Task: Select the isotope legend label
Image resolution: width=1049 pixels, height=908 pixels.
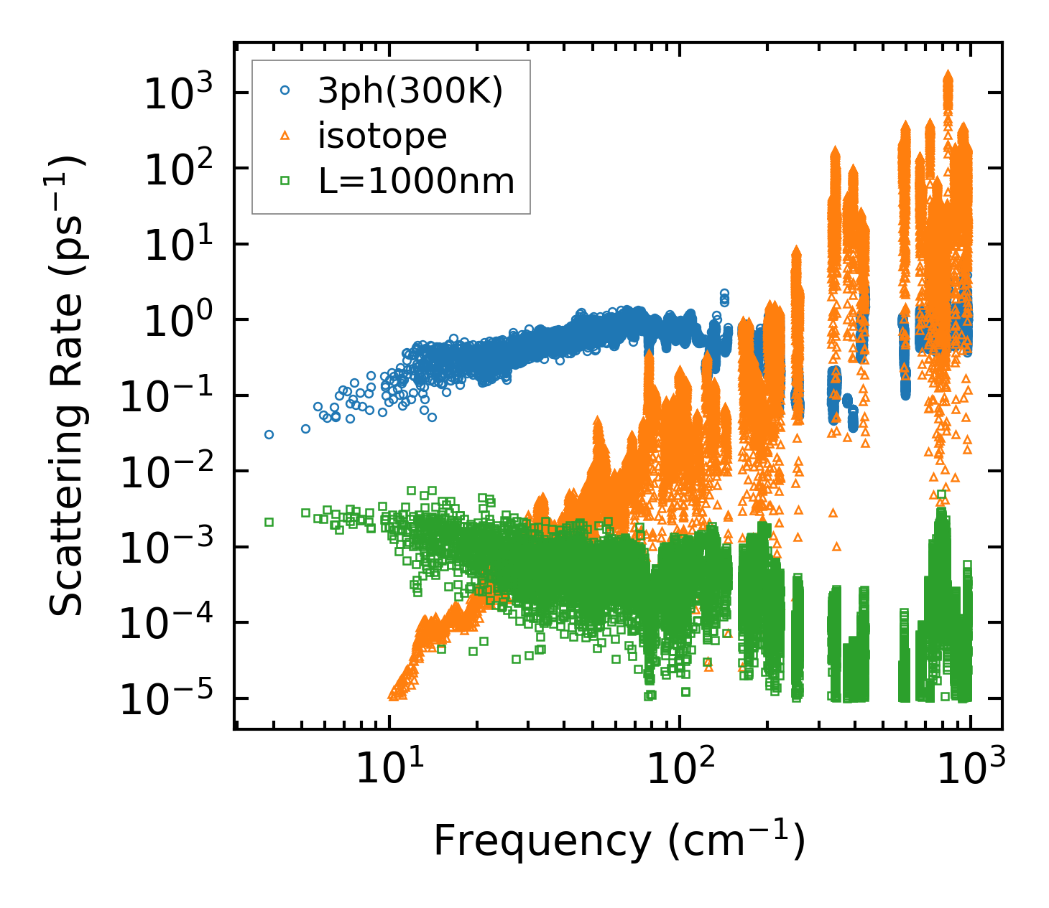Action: tap(382, 136)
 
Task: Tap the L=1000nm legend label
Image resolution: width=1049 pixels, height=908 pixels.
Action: tap(417, 181)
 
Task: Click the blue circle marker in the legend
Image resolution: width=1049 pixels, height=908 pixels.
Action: tap(285, 90)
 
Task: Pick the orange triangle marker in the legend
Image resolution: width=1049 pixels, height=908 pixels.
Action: tap(285, 136)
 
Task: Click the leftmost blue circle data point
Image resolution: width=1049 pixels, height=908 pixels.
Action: tap(269, 434)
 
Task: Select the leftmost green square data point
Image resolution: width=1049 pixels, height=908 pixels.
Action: tap(269, 522)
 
